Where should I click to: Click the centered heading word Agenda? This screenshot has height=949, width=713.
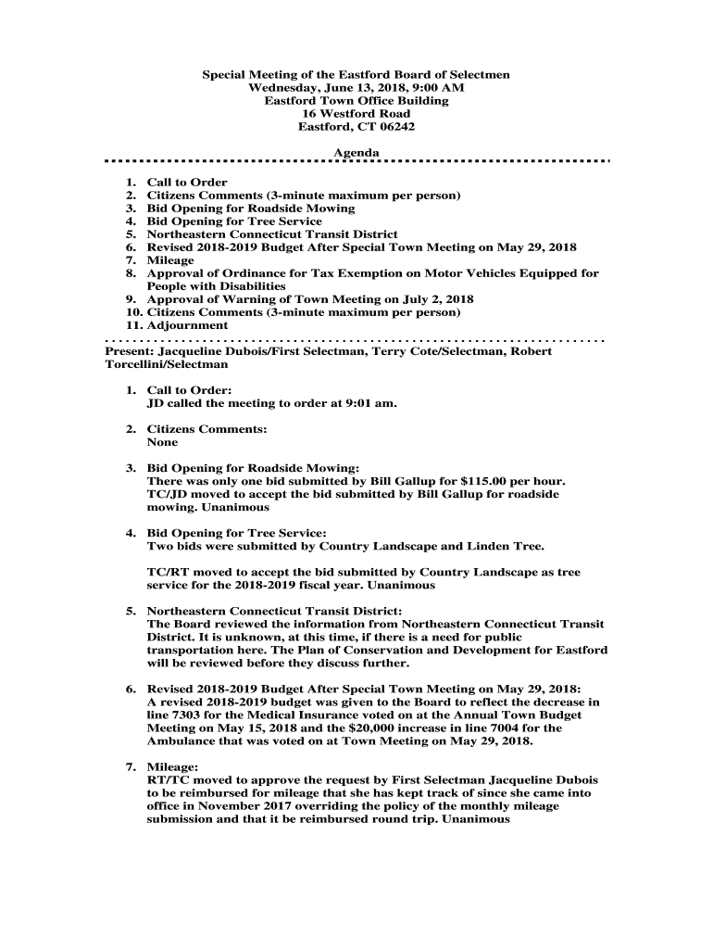click(x=356, y=153)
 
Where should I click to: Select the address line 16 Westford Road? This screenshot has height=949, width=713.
click(x=356, y=114)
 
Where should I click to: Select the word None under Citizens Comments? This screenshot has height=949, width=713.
click(x=162, y=443)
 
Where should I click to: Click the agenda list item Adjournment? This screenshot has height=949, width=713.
click(x=187, y=326)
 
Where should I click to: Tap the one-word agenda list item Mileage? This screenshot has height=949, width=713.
click(x=170, y=261)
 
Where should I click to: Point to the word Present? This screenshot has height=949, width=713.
click(x=129, y=352)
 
